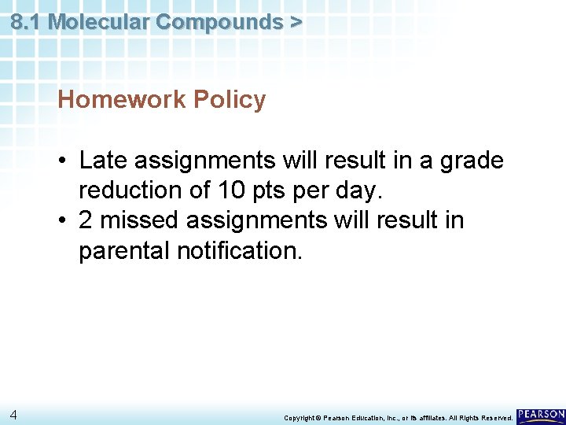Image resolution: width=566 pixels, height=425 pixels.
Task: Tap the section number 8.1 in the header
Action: tap(27, 22)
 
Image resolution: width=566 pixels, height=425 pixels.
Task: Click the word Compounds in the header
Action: tap(219, 22)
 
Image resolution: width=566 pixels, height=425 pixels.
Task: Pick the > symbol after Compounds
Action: tap(295, 22)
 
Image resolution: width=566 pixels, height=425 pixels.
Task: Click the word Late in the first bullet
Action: tap(104, 161)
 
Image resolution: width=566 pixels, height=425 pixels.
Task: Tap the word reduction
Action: tap(130, 190)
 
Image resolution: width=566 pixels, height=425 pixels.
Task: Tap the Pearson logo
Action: tap(541, 415)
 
